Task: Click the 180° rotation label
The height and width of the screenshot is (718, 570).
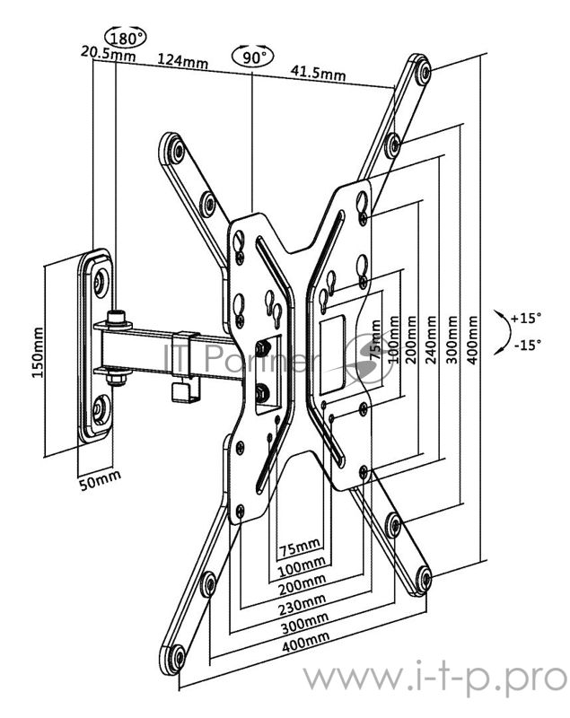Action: click(x=125, y=37)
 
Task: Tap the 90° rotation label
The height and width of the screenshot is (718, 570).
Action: click(x=253, y=57)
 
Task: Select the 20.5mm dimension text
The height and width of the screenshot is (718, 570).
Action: click(x=108, y=53)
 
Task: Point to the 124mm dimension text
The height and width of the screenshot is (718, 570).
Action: click(x=183, y=60)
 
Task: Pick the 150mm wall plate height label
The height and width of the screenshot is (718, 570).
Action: click(x=38, y=352)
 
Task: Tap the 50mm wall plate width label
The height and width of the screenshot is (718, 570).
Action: click(x=101, y=479)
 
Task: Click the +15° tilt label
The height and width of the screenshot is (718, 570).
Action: click(x=526, y=318)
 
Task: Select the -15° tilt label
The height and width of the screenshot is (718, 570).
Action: click(x=527, y=345)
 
